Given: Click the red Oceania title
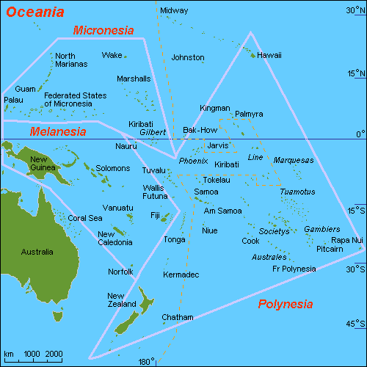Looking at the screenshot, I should coord(35,12).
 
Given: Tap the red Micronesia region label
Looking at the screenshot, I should coord(103,30).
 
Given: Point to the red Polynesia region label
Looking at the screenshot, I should coord(285,304).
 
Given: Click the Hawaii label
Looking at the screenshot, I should coord(269,55).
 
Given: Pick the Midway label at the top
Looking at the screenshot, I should coord(174,11).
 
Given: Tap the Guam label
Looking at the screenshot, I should coord(26,89).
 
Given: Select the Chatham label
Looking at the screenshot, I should coord(178,317).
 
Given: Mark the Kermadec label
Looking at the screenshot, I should coord(182,275).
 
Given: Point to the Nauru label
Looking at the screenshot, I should coord(126,147).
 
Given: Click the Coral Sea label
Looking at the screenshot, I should coord(85,218).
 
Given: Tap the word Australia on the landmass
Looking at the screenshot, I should coord(37,252).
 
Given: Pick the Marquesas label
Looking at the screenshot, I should coord(294,160).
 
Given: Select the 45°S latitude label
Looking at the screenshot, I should coord(356,324).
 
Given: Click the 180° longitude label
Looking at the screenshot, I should coord(147,361).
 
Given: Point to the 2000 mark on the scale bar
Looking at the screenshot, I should coord(54,354).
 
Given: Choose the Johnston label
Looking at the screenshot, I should coord(187,57).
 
